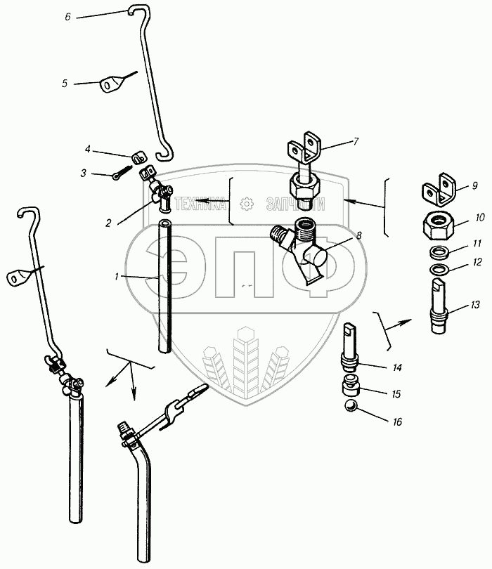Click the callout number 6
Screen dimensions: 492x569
(x=68, y=17)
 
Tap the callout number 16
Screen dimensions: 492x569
(x=398, y=421)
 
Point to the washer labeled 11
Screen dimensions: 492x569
(x=439, y=252)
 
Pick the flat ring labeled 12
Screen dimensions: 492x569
(x=439, y=270)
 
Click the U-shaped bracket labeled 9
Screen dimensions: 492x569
(x=439, y=190)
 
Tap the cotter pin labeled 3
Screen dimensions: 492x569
(x=121, y=173)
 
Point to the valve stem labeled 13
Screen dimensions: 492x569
(x=439, y=306)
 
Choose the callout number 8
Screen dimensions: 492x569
(x=358, y=235)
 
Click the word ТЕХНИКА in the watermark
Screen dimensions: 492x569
(x=200, y=204)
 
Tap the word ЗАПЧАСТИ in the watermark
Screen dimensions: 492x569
(x=296, y=204)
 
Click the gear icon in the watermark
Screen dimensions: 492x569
(x=246, y=204)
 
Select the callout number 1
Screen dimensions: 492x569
(x=117, y=277)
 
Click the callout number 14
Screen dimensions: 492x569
(x=397, y=367)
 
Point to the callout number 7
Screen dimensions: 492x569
(x=356, y=140)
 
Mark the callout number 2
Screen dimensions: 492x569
(x=108, y=223)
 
